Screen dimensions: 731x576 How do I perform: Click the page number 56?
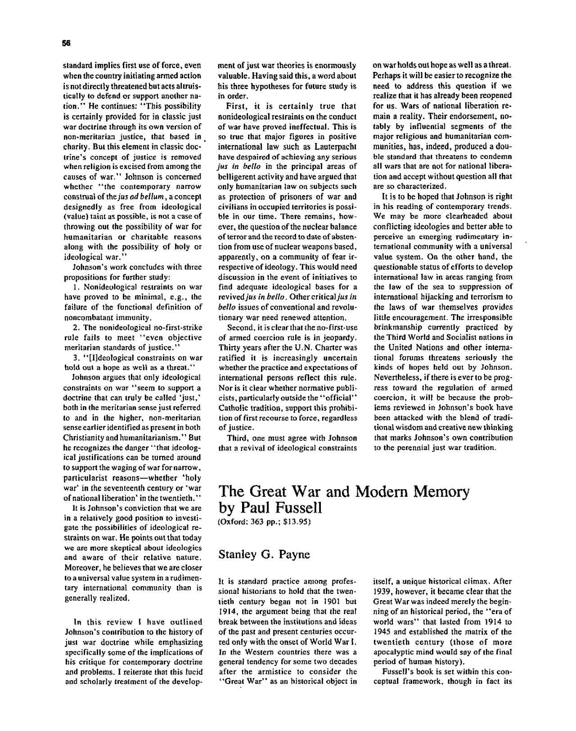67,43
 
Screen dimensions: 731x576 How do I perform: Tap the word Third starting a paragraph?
237,438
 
